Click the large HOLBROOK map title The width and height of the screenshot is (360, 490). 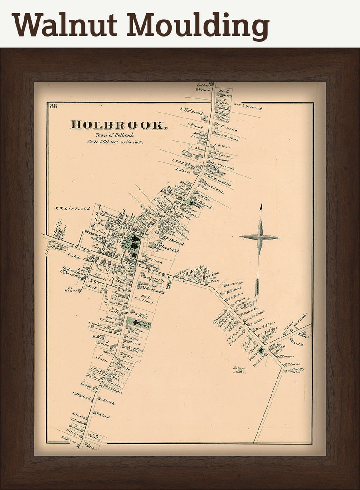coord(119,125)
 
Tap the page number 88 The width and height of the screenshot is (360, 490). coord(54,107)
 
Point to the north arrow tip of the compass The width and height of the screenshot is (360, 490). coord(260,207)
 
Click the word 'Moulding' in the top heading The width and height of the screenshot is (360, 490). coord(199,25)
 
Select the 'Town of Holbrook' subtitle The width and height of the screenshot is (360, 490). coord(114,135)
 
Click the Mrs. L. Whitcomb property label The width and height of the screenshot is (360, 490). coord(144,299)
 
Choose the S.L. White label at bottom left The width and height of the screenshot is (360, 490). coord(69,438)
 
